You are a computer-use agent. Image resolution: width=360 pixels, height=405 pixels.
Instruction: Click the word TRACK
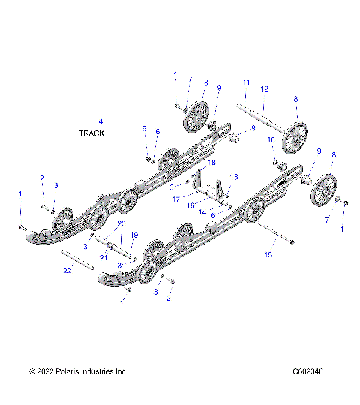coord(91,133)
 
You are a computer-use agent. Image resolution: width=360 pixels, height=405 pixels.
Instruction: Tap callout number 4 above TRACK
coord(100,121)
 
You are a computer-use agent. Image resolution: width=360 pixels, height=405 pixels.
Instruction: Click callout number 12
coord(263,88)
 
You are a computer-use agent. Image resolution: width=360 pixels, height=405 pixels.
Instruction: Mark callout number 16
coord(192,204)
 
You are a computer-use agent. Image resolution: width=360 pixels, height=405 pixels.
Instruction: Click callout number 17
coord(175,199)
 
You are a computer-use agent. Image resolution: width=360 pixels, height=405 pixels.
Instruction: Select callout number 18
coord(212,162)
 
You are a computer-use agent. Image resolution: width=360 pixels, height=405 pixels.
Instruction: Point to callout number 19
coord(135,235)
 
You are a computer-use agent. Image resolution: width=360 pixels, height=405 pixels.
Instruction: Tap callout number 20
coord(121,224)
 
